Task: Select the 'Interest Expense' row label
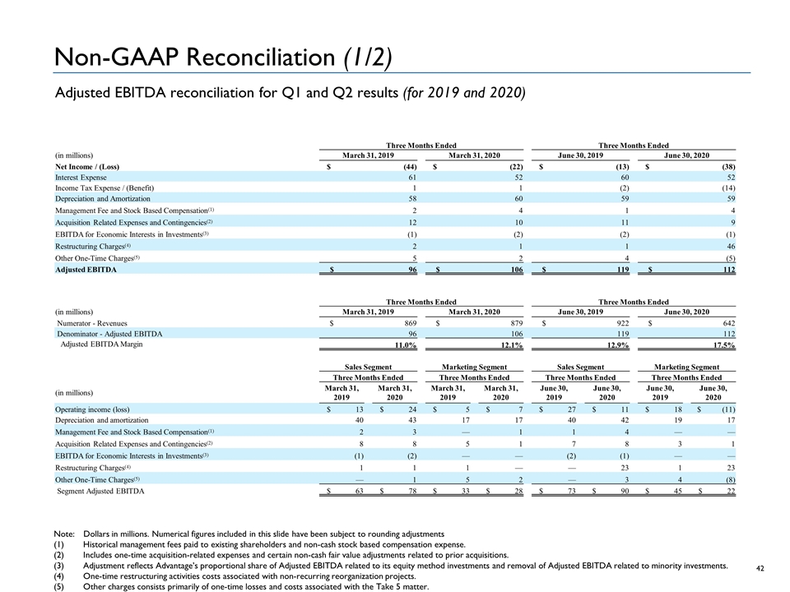[x=81, y=178]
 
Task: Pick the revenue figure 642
[x=725, y=323]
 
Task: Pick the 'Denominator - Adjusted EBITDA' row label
[x=109, y=335]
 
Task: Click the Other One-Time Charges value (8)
[x=727, y=479]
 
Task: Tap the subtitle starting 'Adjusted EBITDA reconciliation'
[x=287, y=92]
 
